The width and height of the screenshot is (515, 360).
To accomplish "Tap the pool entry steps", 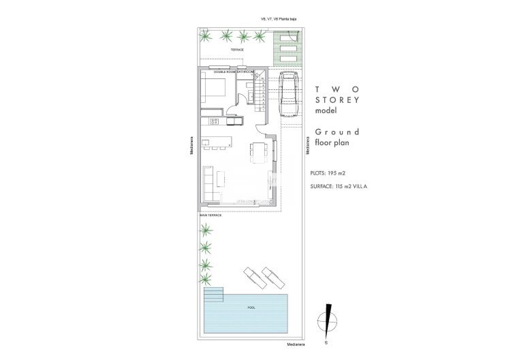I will tap(214, 295).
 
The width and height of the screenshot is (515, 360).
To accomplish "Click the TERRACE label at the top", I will tap(236, 50).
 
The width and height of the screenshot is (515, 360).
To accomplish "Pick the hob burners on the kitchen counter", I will tap(213, 122).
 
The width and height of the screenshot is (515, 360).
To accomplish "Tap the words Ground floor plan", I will tap(337, 137).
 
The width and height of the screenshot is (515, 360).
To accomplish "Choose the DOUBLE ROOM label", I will tap(224, 71).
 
